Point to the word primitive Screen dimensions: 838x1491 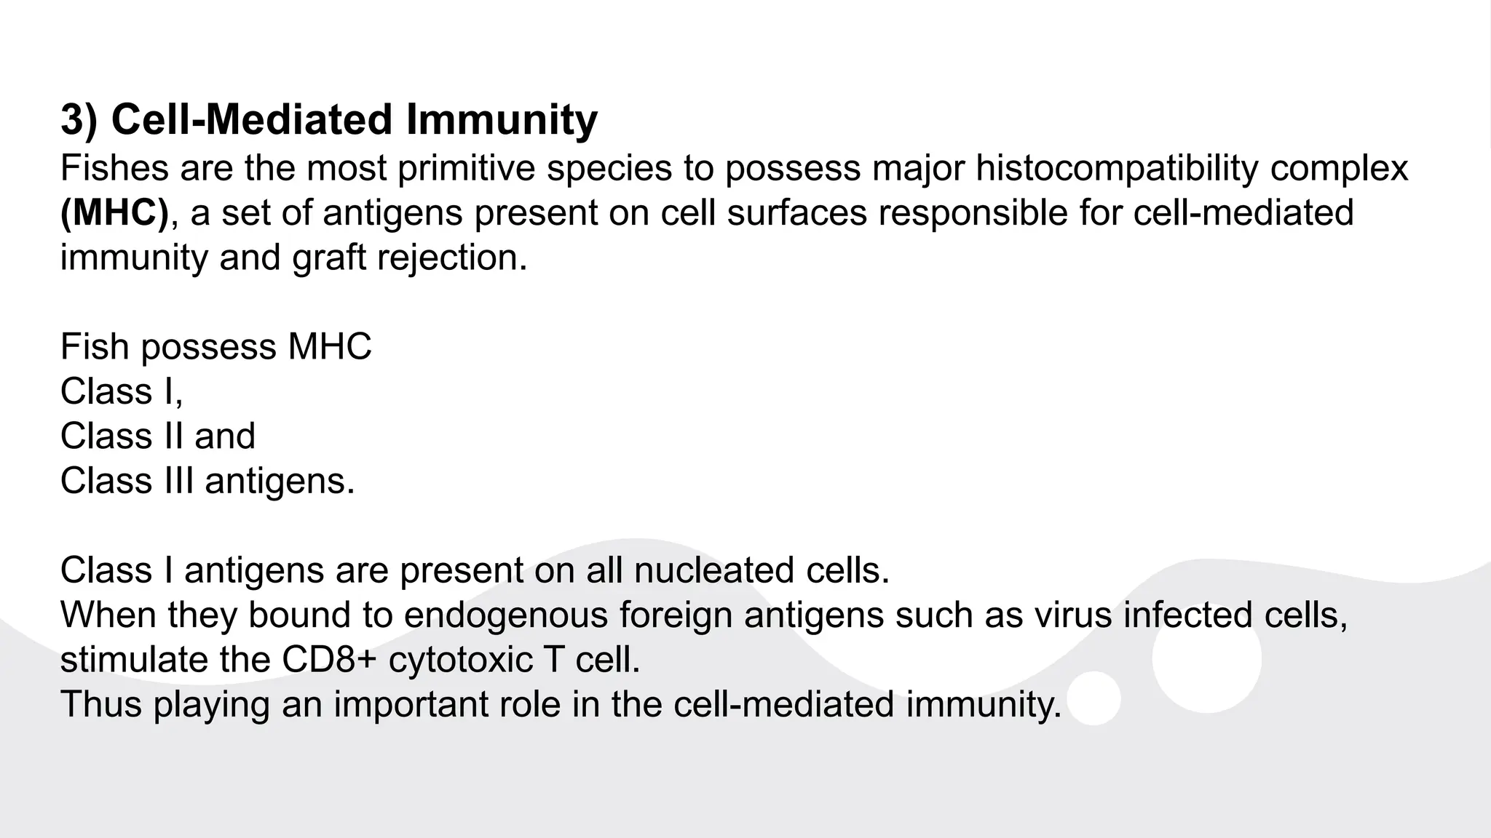pyautogui.click(x=467, y=168)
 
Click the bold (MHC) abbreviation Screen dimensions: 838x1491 pyautogui.click(x=114, y=213)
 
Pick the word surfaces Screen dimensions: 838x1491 pyautogui.click(x=796, y=213)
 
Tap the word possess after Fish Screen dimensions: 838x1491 pyautogui.click(x=208, y=347)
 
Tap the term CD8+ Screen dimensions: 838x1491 pyautogui.click(x=329, y=660)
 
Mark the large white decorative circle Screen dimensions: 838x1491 pyautogui.click(x=1206, y=658)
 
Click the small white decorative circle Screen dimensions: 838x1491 pyautogui.click(x=1093, y=698)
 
